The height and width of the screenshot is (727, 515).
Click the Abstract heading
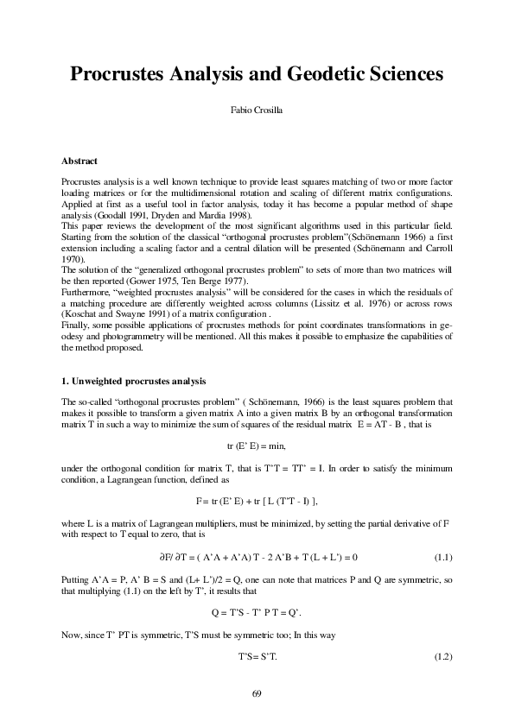click(79, 161)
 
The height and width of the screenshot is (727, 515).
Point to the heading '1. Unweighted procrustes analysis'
click(133, 381)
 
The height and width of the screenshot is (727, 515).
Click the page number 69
click(257, 693)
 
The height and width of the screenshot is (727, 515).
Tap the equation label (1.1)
click(443, 557)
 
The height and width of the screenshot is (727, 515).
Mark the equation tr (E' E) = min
click(256, 446)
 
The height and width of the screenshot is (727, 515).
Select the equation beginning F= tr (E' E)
click(257, 500)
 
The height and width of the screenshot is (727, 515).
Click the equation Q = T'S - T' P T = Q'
click(257, 612)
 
